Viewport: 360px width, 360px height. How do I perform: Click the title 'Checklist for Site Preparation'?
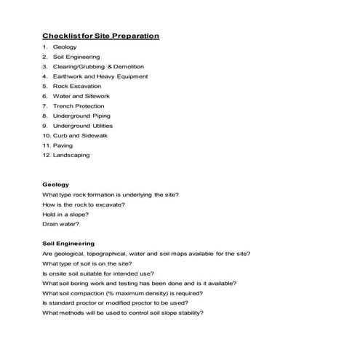pyautogui.click(x=100, y=36)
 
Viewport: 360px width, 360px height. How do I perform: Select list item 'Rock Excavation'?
pyautogui.click(x=77, y=86)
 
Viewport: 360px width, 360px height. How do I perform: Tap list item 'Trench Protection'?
pyautogui.click(x=79, y=105)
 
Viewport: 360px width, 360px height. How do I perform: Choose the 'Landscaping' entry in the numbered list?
pyautogui.click(x=72, y=155)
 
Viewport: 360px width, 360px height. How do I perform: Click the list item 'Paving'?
pyautogui.click(x=63, y=145)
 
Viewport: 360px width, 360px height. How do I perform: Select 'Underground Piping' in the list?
pyautogui.click(x=81, y=116)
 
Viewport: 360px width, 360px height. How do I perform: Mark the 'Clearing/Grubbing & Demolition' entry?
pyautogui.click(x=100, y=66)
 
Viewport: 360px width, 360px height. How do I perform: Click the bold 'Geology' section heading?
pyautogui.click(x=56, y=185)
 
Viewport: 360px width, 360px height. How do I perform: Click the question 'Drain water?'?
pyautogui.click(x=60, y=224)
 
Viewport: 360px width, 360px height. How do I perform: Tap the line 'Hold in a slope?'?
pyautogui.click(x=66, y=214)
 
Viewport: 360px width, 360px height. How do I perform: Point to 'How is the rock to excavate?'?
pyautogui.click(x=84, y=204)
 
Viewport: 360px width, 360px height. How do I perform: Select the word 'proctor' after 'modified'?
pyautogui.click(x=140, y=303)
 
